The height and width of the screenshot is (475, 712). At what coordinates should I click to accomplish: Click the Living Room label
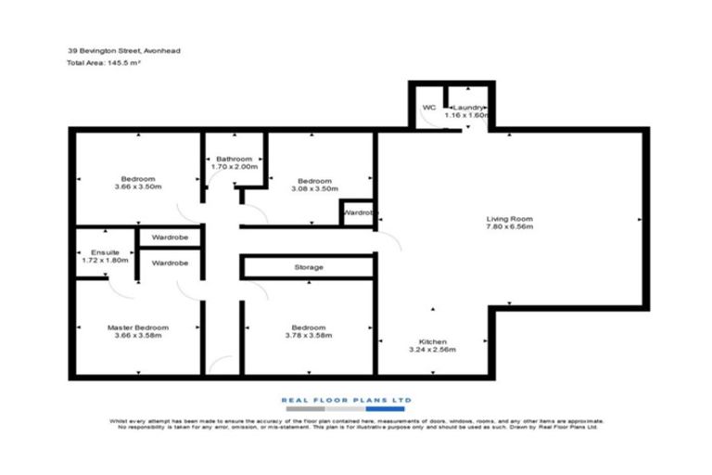coord(510,219)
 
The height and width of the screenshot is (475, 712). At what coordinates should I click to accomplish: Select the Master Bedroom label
coord(137,327)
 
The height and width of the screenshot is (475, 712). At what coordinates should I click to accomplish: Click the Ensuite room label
coord(105,251)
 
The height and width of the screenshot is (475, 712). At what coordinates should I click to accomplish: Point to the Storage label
coord(309,267)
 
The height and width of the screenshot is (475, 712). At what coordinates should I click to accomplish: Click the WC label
coord(428,108)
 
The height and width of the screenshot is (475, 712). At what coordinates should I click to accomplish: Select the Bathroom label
coord(234,160)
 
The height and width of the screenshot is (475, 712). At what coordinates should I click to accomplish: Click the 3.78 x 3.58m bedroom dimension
coord(308,337)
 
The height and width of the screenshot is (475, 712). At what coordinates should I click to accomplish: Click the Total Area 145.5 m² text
coord(102,63)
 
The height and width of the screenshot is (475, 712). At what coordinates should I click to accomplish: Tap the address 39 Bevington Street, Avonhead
coord(118,51)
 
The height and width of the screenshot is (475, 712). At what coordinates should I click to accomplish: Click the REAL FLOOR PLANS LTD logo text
coord(346,400)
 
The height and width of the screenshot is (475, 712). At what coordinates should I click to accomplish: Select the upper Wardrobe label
coord(170,237)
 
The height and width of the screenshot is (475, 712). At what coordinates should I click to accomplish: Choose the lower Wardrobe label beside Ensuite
coord(170,263)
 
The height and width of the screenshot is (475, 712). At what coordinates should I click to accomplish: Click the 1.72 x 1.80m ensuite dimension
coord(105,261)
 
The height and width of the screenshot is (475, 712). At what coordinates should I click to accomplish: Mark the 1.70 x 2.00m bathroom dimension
coord(234,169)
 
